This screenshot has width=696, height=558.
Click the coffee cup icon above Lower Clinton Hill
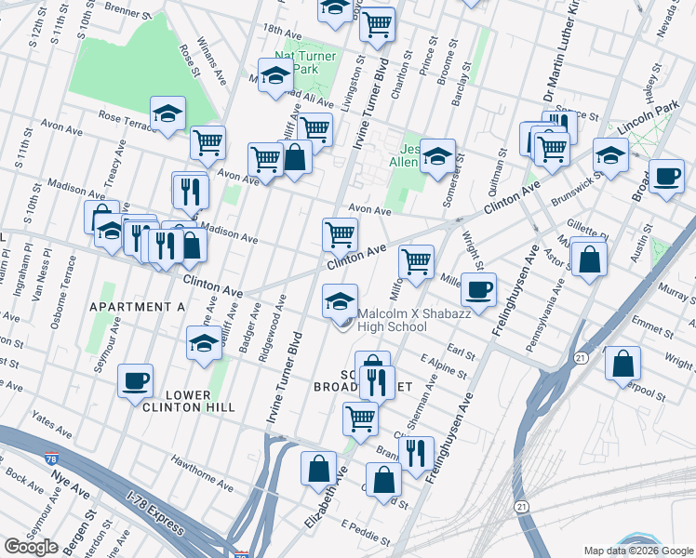pos(136,380)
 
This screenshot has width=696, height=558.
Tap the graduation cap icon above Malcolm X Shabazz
pos(340,300)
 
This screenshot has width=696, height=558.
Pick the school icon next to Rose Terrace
pos(167,114)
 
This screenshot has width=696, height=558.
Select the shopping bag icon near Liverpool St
pos(622,364)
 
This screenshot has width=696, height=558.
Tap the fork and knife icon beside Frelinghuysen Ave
pos(416,453)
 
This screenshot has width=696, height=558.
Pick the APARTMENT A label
pos(138,307)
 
